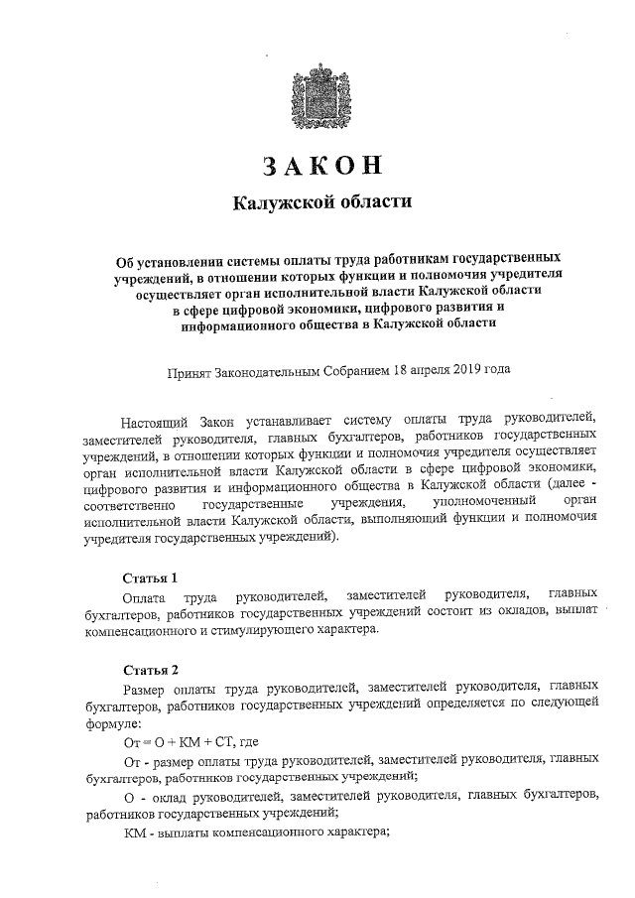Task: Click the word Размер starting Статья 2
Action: [147, 686]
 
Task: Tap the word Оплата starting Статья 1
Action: [144, 595]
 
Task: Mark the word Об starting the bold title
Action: [125, 254]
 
